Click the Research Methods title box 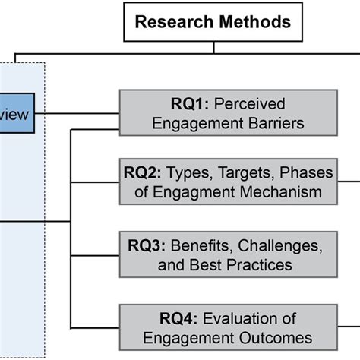(213, 21)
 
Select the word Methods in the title (254, 21)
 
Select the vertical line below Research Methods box (213, 46)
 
